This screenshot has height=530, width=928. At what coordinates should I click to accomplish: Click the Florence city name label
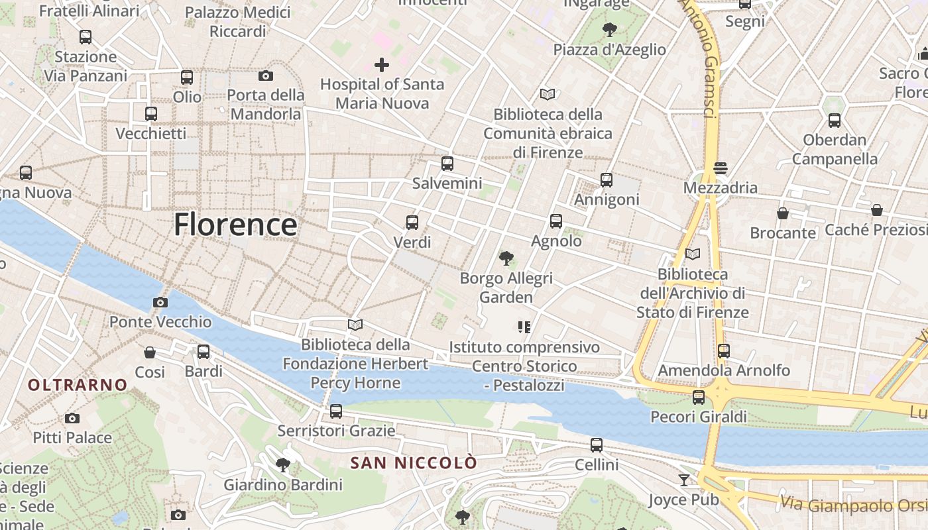pos(235,225)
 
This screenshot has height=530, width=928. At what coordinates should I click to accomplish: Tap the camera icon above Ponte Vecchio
pos(160,303)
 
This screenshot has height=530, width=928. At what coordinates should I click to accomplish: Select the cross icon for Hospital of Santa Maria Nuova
pos(382,65)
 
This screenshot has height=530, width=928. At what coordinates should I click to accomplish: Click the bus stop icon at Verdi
pos(412,223)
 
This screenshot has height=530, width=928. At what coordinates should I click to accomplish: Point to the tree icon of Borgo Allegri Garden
pos(506,258)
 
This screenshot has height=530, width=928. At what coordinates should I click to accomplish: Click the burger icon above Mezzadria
pos(721,168)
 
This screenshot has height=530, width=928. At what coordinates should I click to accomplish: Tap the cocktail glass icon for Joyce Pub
pos(684,480)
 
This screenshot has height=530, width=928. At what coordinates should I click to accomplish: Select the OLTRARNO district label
pos(78,384)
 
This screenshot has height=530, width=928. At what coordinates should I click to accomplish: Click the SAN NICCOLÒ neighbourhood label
pos(414,462)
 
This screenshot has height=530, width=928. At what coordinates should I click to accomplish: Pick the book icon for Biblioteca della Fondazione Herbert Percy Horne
pos(355,325)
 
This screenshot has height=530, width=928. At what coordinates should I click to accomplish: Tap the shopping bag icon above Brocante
pos(783,213)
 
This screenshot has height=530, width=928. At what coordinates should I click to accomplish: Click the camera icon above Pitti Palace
pos(72,418)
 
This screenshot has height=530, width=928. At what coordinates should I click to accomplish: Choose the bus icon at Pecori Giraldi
pos(699,397)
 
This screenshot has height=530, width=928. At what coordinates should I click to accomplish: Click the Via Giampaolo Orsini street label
pos(854,505)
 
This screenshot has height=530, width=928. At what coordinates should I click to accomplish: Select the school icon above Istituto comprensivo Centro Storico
pos(524,327)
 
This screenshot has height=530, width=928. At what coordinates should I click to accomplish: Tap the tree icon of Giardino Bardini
pos(283,464)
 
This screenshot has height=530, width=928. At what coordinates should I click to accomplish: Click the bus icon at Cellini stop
pos(597,445)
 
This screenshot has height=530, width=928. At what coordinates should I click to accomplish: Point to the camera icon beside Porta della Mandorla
pos(266,76)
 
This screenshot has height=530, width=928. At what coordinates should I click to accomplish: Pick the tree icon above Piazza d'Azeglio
pos(610,30)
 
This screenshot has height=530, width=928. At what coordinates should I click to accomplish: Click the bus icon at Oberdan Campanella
pos(835,121)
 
